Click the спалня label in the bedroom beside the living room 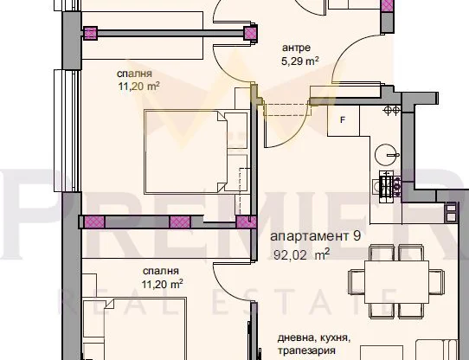[162, 269]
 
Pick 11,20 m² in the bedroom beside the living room [163, 283]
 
